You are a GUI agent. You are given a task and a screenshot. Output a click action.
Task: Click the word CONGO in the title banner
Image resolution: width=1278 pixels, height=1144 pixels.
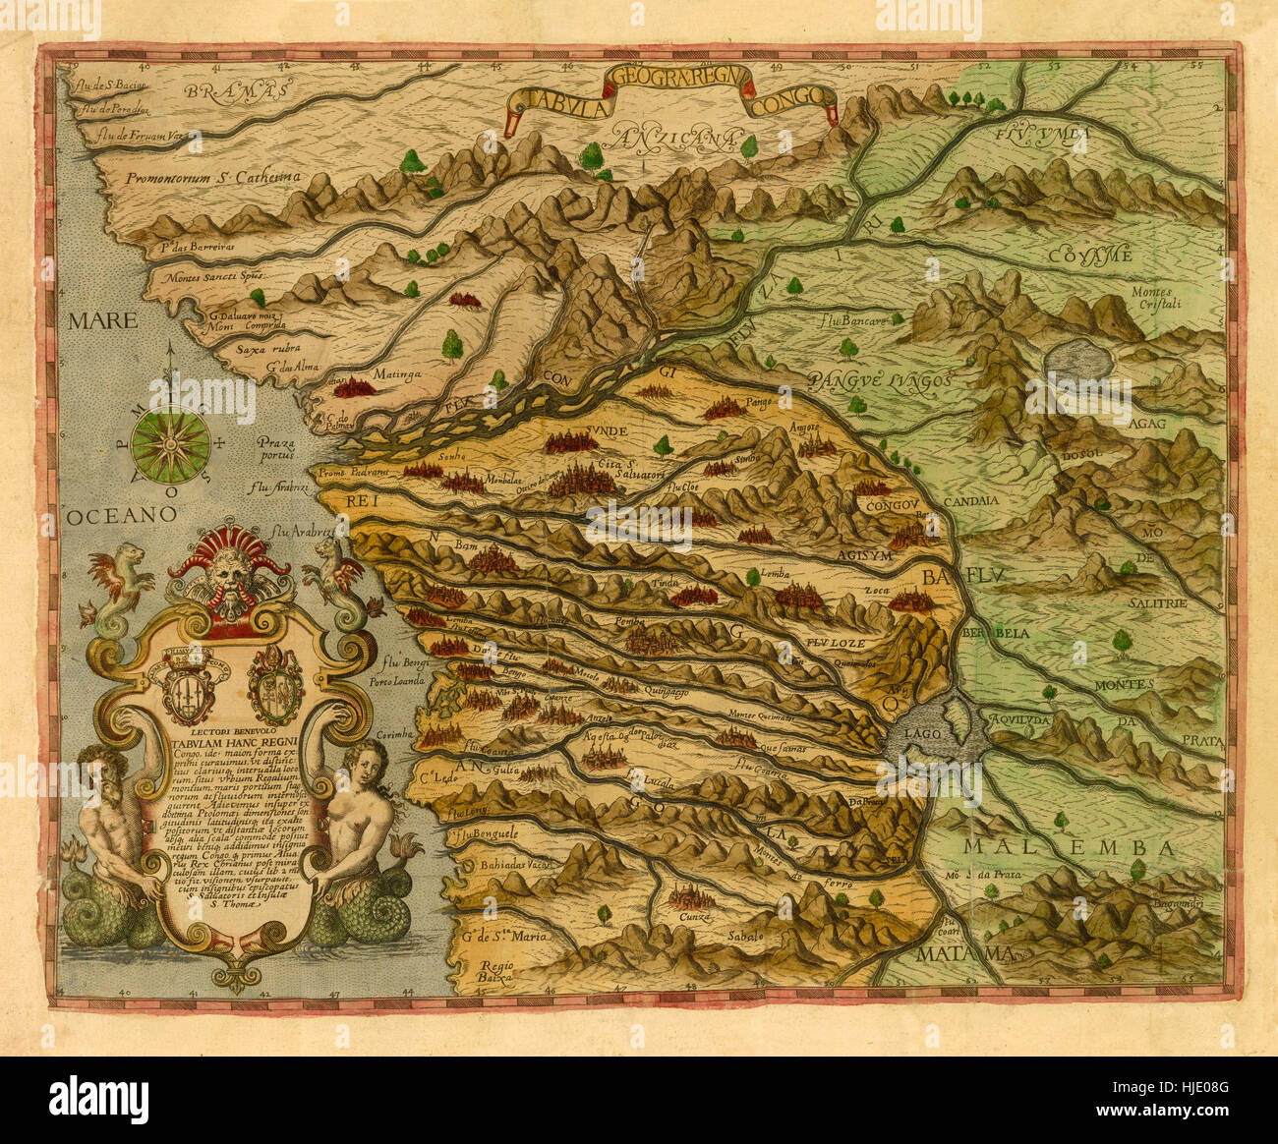click(787, 98)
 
